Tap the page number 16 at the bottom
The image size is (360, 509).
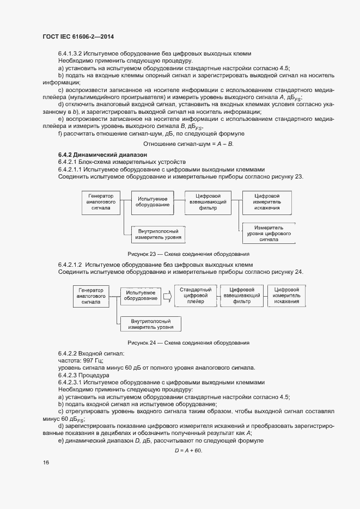[x=46, y=462]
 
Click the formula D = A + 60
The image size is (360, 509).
[x=188, y=451]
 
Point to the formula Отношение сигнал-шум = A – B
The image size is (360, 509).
[x=188, y=144]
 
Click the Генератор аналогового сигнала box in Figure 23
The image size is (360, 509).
[x=101, y=203]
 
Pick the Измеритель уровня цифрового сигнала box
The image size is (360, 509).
[x=269, y=233]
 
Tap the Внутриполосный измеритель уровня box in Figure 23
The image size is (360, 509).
[x=158, y=235]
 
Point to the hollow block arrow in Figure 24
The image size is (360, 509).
[x=168, y=296]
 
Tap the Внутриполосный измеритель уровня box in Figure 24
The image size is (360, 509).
[x=151, y=324]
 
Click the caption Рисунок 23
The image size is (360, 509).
[x=188, y=254]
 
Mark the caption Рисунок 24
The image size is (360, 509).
[x=188, y=343]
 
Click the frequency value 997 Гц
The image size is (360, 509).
[x=91, y=360]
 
